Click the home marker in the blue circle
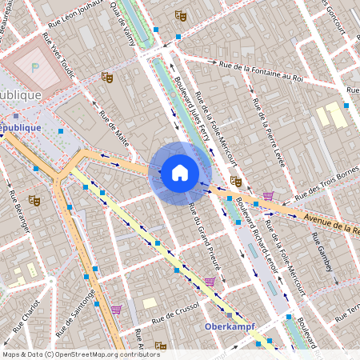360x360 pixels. pyautogui.click(x=180, y=172)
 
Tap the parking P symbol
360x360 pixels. pyautogui.click(x=34, y=67)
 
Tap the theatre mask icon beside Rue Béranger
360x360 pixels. pyautogui.click(x=34, y=200)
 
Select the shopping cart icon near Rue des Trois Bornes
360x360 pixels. pyautogui.click(x=267, y=196)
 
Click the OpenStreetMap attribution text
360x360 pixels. pyautogui.click(x=80, y=354)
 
